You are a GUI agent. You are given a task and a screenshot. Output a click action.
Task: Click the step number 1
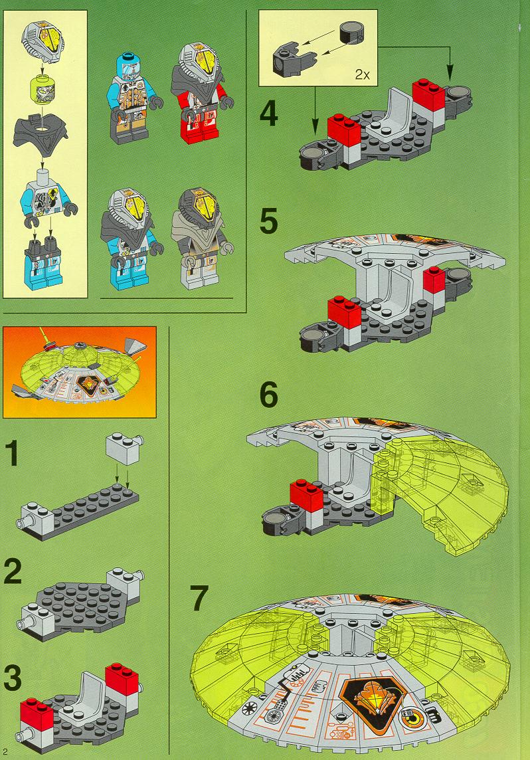point(12,453)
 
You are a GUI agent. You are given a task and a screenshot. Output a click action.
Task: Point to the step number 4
point(269,115)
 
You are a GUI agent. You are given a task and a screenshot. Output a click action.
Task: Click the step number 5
point(269,221)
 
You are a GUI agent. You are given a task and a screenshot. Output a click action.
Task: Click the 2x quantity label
point(362,74)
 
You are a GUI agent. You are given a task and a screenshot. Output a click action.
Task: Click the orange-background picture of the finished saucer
point(80,372)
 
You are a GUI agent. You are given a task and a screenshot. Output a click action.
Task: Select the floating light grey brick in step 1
point(125,448)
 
